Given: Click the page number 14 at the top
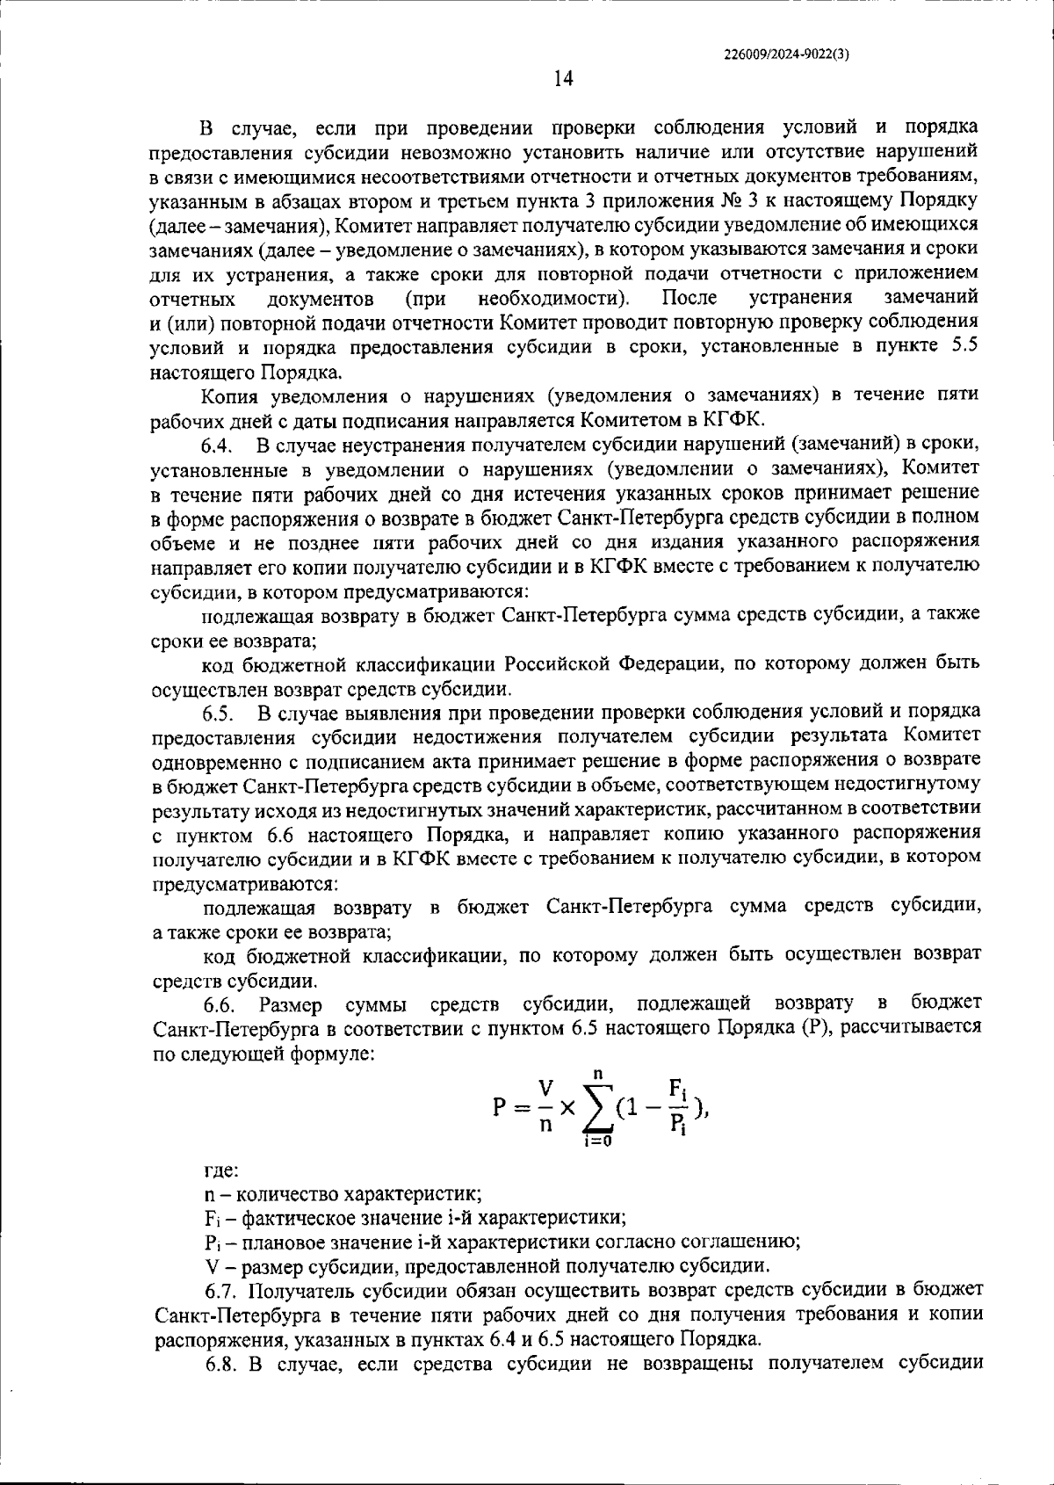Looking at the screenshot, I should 563,79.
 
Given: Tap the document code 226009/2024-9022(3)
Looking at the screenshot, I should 787,52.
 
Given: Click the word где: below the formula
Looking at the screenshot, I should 220,1172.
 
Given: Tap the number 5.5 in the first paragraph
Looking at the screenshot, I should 965,347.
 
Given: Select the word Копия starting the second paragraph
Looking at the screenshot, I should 231,395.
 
